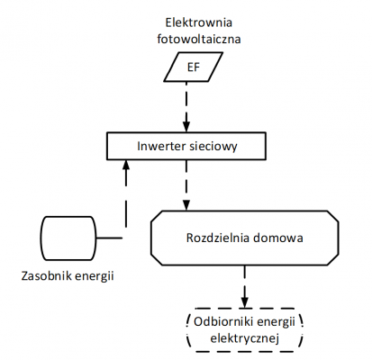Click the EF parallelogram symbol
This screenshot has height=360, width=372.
click(191, 67)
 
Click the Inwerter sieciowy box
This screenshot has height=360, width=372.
click(186, 145)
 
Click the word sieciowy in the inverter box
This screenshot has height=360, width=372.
click(213, 145)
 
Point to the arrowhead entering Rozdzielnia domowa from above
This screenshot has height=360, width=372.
click(187, 206)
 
